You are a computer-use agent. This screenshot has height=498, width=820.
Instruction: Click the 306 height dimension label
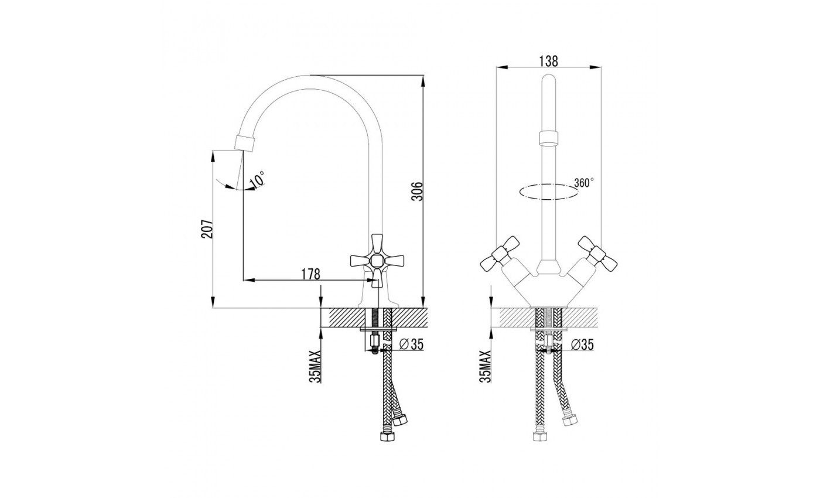(417, 191)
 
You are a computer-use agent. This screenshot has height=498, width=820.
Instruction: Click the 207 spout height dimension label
(206, 229)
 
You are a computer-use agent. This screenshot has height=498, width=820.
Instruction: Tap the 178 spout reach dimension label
(310, 274)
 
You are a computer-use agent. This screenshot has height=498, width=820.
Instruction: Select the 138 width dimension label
(548, 61)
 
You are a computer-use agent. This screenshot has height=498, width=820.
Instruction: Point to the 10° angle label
(257, 179)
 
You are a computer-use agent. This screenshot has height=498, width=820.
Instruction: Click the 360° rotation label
(584, 182)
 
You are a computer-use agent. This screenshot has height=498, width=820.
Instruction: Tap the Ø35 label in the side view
(411, 344)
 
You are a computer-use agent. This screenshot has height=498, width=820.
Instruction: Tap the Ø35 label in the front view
(582, 344)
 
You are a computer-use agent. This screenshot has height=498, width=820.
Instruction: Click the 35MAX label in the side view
(315, 367)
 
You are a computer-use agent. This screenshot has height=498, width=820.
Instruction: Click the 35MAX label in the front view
(485, 367)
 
